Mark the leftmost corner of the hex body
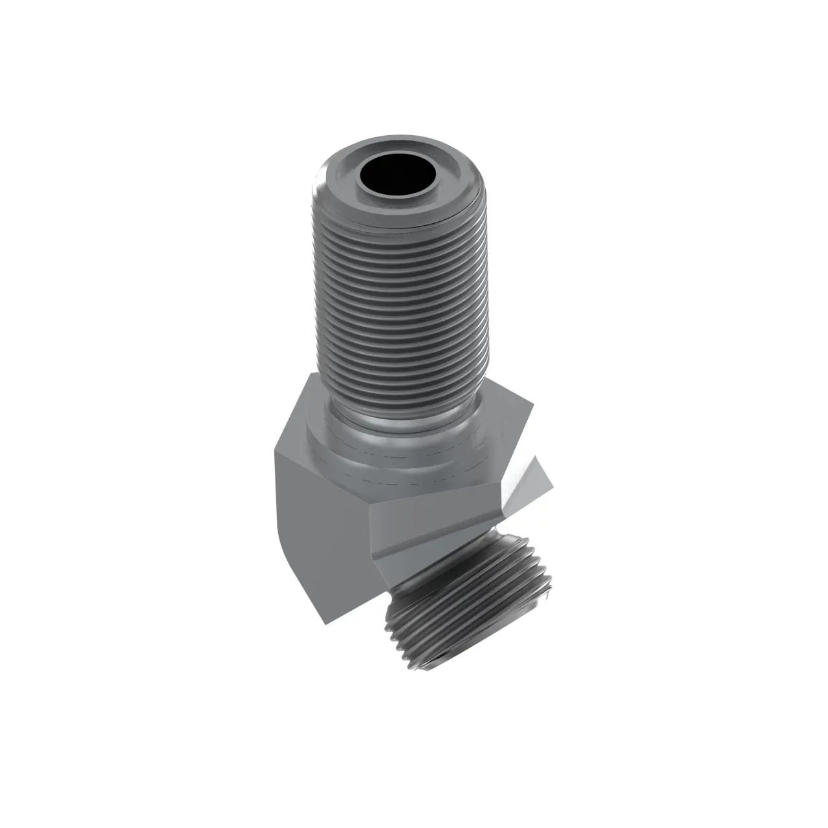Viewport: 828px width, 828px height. click(x=272, y=453)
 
